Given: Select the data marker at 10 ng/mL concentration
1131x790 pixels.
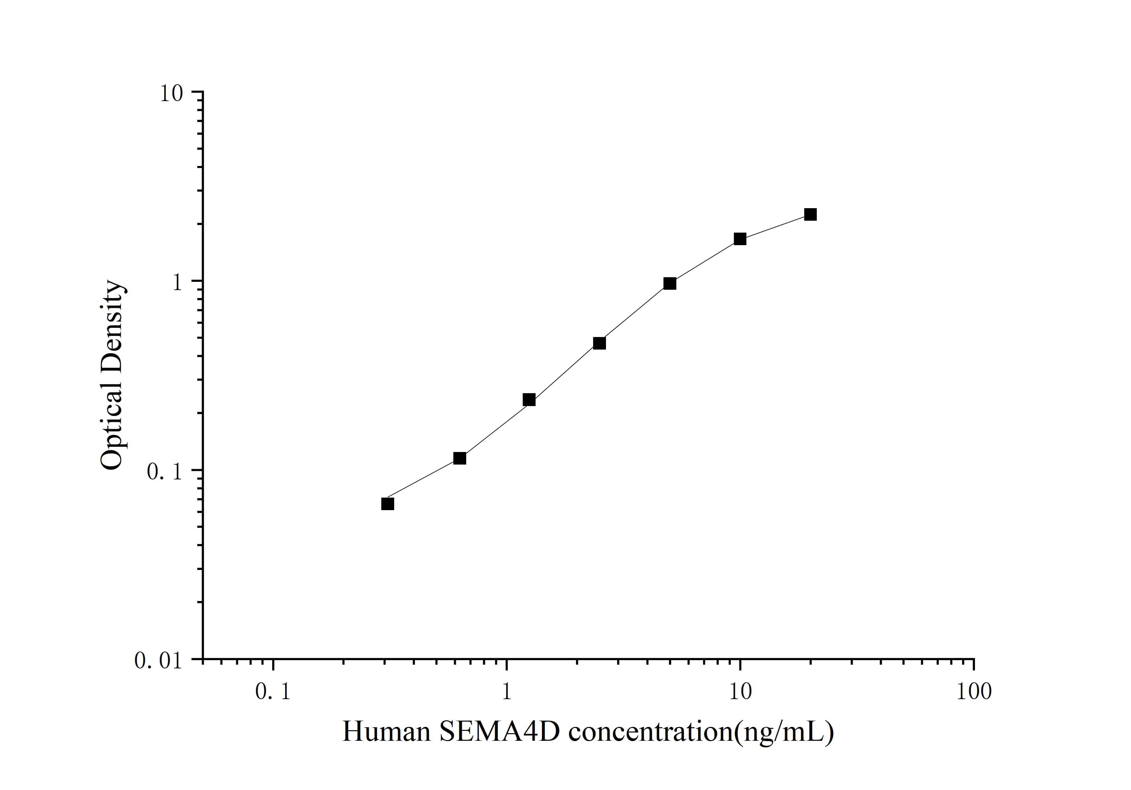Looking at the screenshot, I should pos(740,239).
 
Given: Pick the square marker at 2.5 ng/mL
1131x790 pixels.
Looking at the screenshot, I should pos(599,343).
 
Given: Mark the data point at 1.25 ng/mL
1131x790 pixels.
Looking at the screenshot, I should pos(529,399).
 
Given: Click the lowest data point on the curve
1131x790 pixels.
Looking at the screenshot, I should pos(388,504).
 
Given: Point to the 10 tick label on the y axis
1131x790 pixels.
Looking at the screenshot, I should pos(171,94).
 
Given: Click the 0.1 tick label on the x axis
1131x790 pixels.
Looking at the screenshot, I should pos(273,692).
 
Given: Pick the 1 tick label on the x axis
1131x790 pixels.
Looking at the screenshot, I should pos(507,692).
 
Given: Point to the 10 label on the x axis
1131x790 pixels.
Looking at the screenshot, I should pos(740,692).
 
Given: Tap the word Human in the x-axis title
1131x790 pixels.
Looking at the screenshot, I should pos(387,732).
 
